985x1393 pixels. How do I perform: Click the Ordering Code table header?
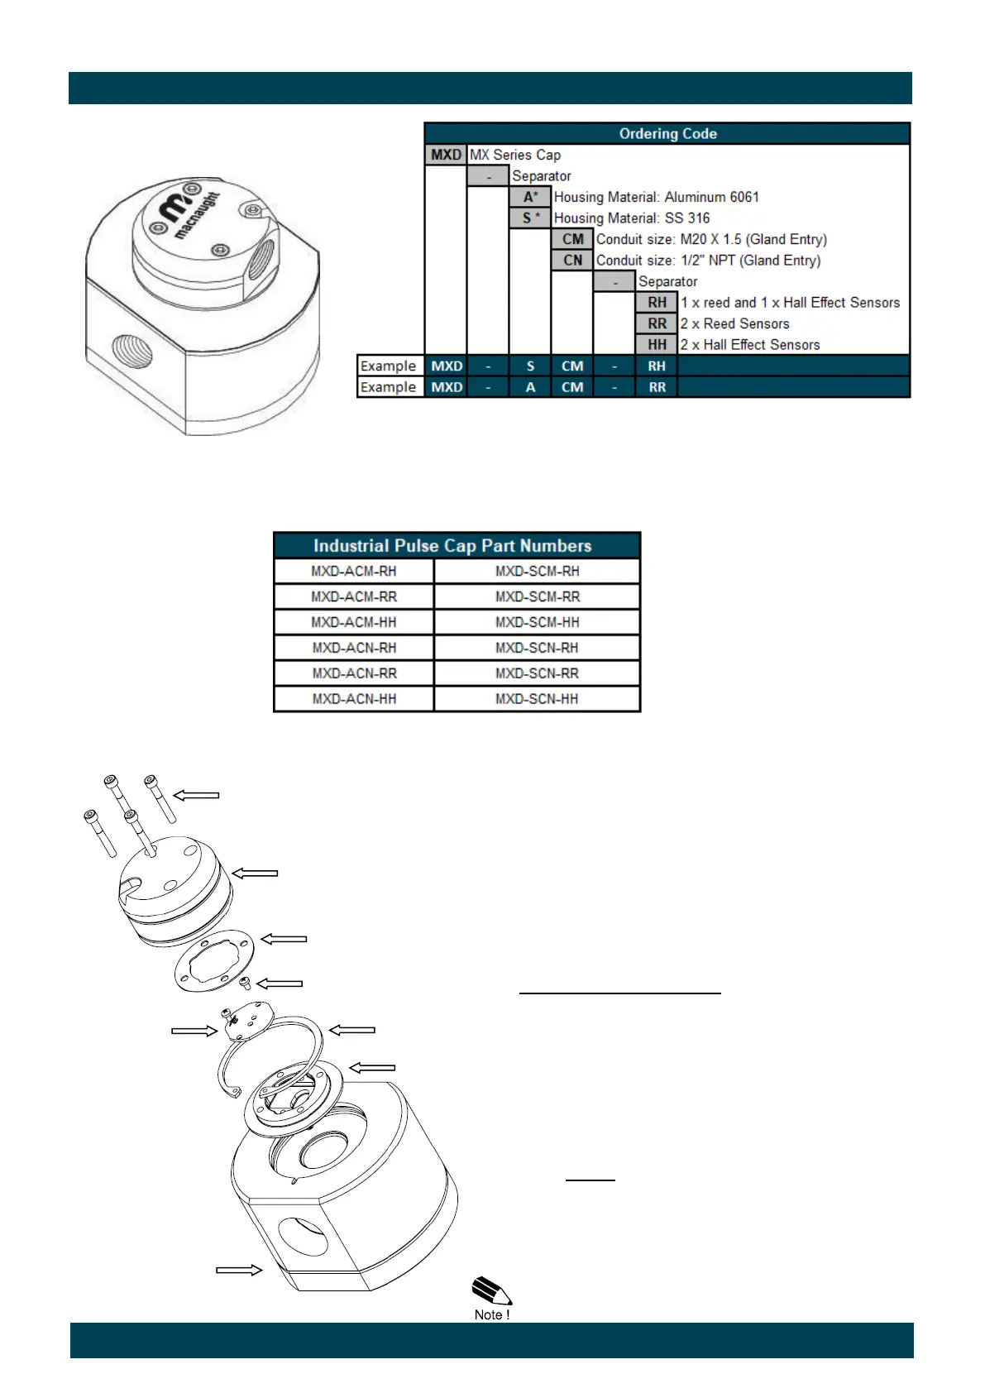coord(667,134)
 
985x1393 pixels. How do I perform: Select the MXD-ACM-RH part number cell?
coord(353,572)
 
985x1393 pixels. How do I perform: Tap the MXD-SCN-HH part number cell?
coord(537,699)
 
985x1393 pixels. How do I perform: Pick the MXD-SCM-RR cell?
coord(537,597)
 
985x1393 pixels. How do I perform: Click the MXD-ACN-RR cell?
coord(354,673)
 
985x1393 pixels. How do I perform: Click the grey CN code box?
coord(572,261)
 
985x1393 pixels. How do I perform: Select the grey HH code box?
coord(657,345)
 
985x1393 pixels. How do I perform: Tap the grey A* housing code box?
coord(530,197)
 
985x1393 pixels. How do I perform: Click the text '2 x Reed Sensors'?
coord(734,324)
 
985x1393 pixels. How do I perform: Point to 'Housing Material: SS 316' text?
coord(632,218)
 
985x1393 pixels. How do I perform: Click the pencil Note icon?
coord(491,1293)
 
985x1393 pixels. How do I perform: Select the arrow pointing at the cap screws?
coord(196,795)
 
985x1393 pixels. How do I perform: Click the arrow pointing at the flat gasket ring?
coord(284,939)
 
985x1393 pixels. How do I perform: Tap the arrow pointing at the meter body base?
coord(239,1270)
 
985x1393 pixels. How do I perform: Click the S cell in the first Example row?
coord(530,366)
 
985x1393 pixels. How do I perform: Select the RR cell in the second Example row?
coord(657,387)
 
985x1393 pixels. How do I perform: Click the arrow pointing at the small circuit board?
coord(194,1031)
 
